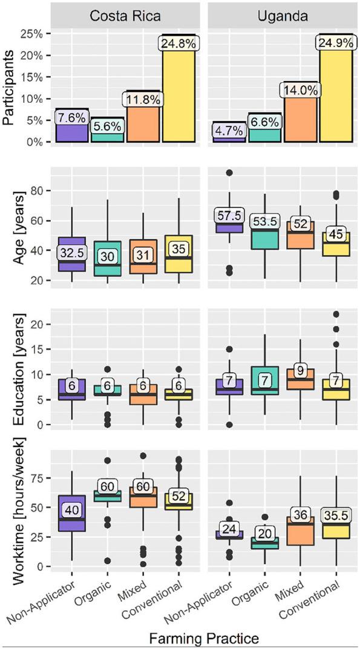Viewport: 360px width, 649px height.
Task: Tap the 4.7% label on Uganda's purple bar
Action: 229,130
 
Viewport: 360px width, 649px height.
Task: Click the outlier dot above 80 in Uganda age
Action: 229,173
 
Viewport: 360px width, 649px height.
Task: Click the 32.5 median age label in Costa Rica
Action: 71,251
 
